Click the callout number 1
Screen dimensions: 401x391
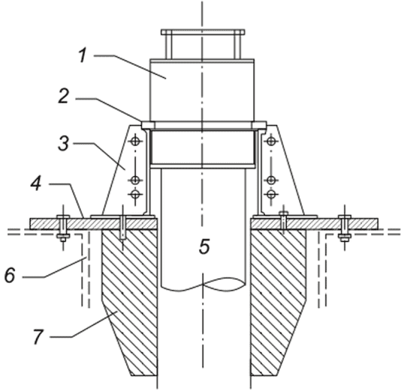[x=83, y=56]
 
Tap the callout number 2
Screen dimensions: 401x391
[x=63, y=96]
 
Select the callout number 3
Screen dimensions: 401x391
[x=63, y=143]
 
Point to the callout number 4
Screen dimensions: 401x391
[x=36, y=183]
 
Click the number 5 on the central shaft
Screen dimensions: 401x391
[x=204, y=247]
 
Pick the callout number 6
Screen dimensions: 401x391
[x=11, y=275]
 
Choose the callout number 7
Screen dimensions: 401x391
[x=38, y=337]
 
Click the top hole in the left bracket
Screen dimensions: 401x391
[x=135, y=141]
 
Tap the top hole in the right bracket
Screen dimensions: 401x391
[x=271, y=141]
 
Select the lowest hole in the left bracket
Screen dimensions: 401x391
[x=135, y=194]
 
